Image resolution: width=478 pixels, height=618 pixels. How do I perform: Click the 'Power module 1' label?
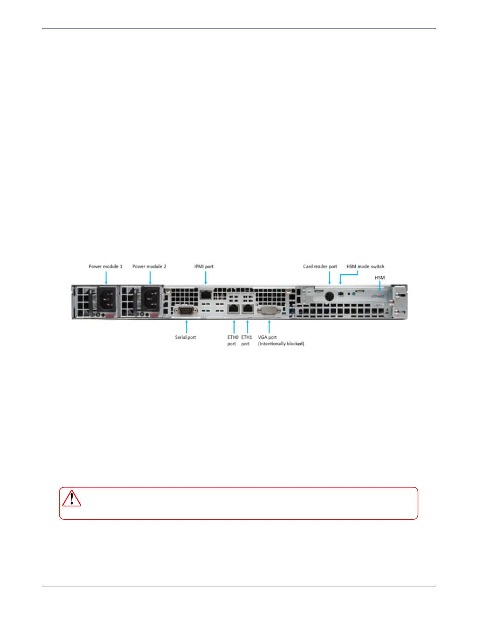[x=105, y=266]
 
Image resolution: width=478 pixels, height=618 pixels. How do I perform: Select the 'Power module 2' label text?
[x=149, y=266]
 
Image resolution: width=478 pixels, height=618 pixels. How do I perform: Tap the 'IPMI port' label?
[x=204, y=266]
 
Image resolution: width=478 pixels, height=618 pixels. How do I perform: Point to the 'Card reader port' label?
[x=320, y=266]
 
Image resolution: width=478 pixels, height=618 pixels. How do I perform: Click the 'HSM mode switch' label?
[x=365, y=266]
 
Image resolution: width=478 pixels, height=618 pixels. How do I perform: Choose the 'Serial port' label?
[x=185, y=337]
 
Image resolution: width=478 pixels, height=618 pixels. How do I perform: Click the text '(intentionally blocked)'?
[x=281, y=344]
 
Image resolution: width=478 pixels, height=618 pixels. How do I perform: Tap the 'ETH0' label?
[x=233, y=337]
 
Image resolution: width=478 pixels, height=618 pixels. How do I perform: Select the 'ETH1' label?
[x=246, y=337]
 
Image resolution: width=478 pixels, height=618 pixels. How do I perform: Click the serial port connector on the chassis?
[x=186, y=311]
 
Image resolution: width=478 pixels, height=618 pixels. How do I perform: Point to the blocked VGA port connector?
[x=269, y=311]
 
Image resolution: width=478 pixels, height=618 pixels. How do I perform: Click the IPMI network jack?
[x=205, y=294]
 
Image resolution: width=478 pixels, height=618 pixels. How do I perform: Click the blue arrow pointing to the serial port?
[x=187, y=327]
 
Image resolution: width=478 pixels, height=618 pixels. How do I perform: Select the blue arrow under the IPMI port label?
[x=205, y=278]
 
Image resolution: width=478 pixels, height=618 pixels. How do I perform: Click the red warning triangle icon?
[x=71, y=499]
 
